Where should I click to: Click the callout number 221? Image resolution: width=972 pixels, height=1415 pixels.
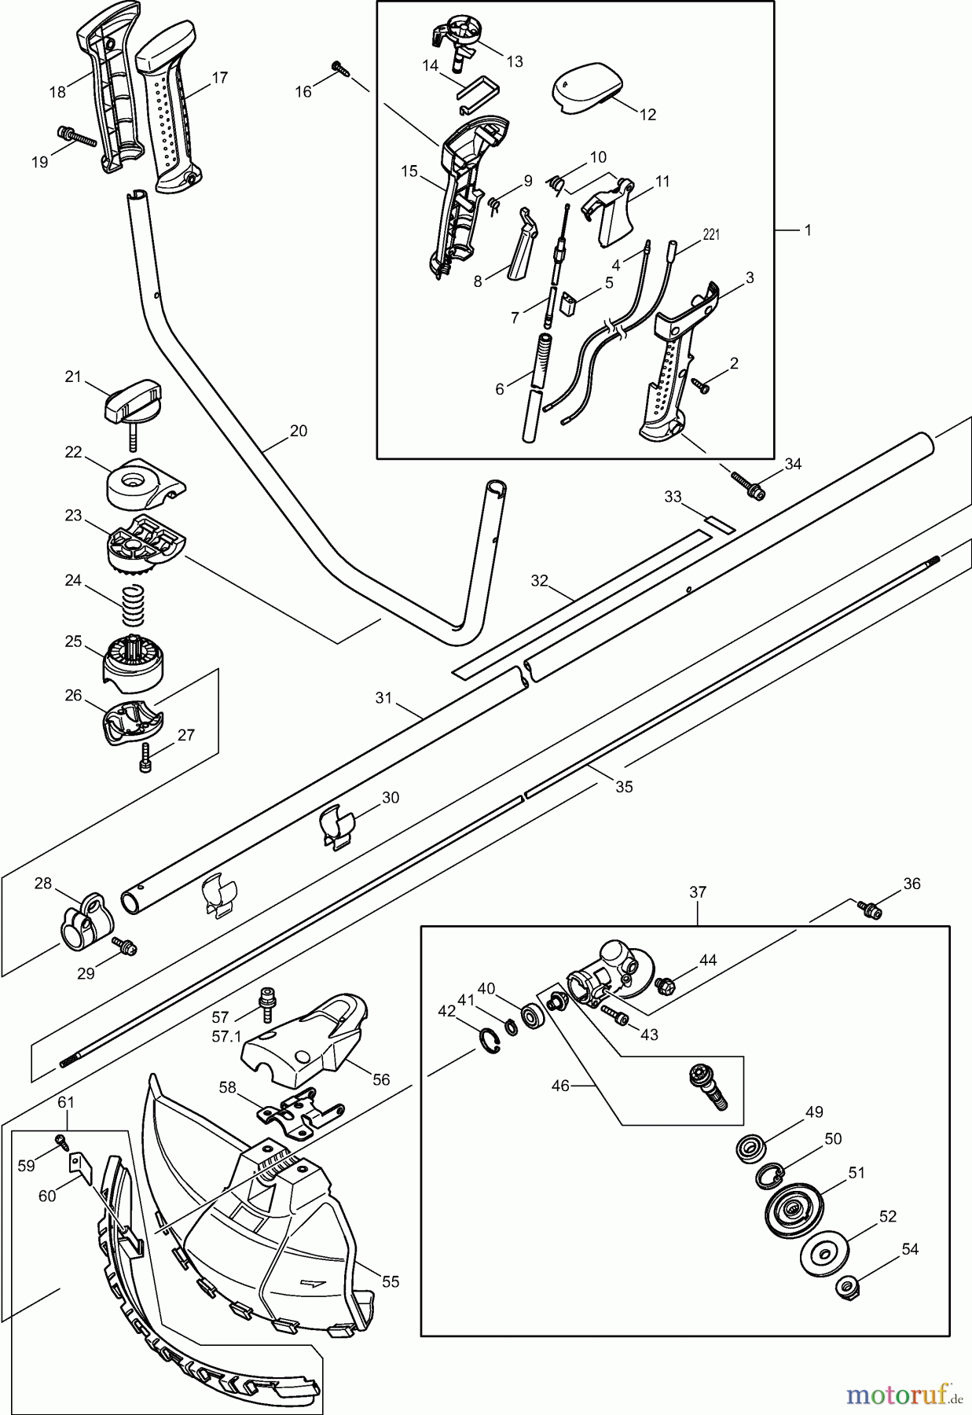[x=710, y=233]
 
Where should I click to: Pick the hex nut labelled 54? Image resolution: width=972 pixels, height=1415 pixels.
[x=846, y=1287]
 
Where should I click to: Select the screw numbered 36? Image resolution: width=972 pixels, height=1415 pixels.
[x=871, y=909]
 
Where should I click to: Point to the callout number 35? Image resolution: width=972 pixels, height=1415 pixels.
[x=624, y=786]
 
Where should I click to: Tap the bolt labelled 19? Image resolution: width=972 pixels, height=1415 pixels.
[x=76, y=138]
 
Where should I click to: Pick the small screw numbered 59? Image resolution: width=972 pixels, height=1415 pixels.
[x=61, y=1141]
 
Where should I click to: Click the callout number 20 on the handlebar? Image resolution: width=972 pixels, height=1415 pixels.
[x=299, y=431]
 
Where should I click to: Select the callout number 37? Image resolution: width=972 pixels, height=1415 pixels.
[x=698, y=892]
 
